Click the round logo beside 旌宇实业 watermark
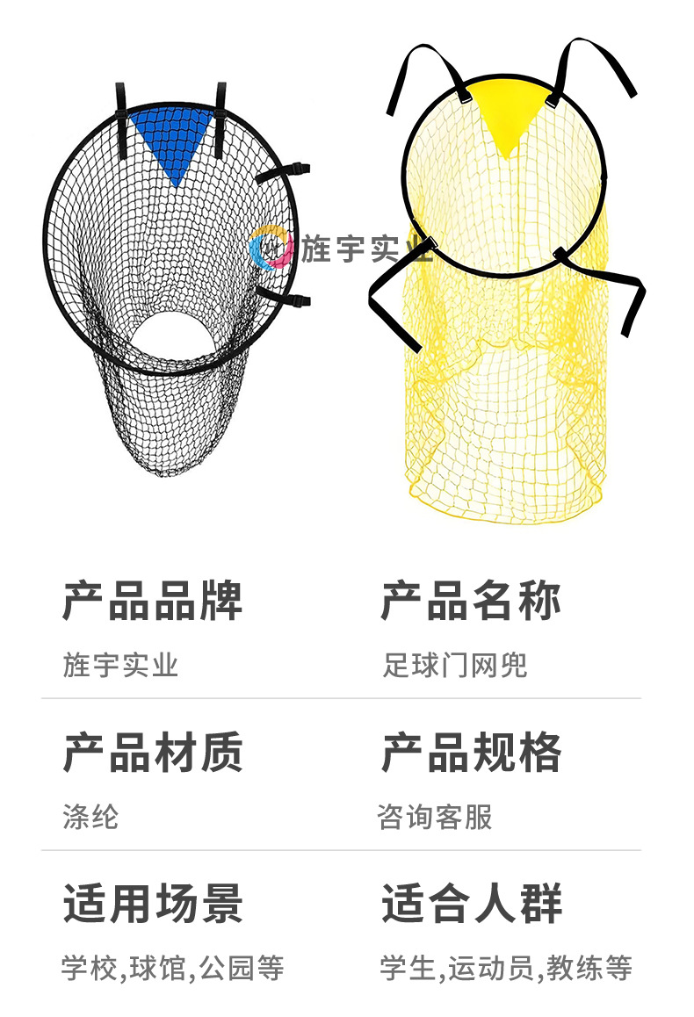pos(271,249)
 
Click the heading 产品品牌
pos(152,602)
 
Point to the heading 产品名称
pos(471,602)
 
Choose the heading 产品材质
pos(152,754)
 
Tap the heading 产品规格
pos(471,754)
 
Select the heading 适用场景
pos(152,905)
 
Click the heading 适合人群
pos(471,905)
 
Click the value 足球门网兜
pos(454,665)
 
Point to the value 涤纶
pos(90,817)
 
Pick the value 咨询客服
pos(435,817)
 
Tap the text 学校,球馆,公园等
pos(173,969)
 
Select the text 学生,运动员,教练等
pos(506,969)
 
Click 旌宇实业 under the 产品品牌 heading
pos(120,665)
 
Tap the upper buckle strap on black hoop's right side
pos(286,172)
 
